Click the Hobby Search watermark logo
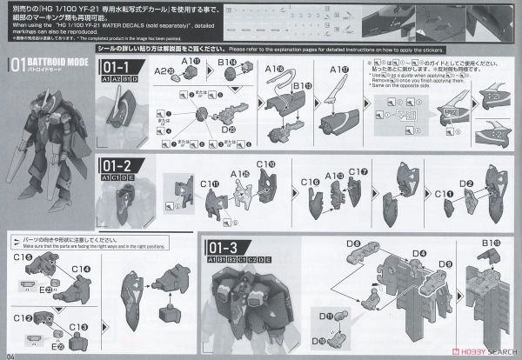pos(473,351)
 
